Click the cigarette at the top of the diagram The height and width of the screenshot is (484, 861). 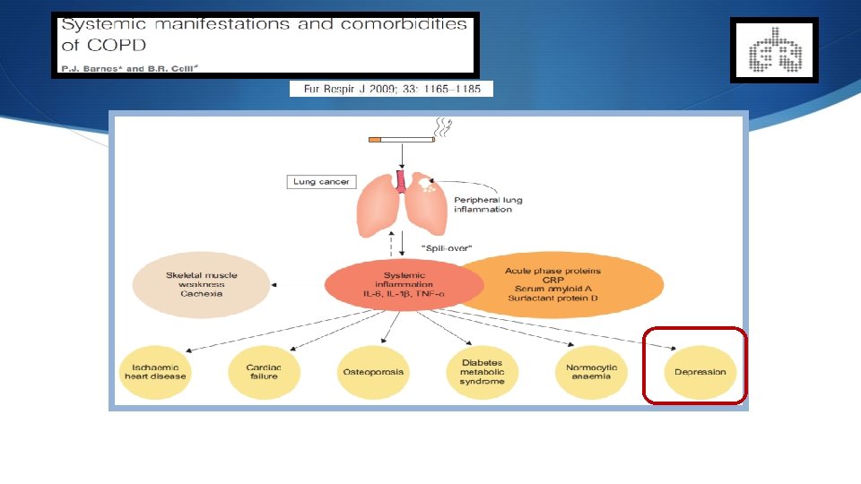[401, 140]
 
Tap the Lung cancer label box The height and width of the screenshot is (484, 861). [321, 182]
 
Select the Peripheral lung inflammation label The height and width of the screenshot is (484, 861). [488, 204]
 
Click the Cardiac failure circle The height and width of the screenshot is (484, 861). [264, 372]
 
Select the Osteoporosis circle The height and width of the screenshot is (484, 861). [373, 372]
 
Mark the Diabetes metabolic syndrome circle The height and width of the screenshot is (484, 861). [483, 372]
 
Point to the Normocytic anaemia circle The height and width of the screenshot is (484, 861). [588, 372]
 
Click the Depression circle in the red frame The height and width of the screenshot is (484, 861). [695, 372]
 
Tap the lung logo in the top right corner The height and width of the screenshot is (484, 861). [773, 50]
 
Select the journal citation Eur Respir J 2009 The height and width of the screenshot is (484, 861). [391, 89]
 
